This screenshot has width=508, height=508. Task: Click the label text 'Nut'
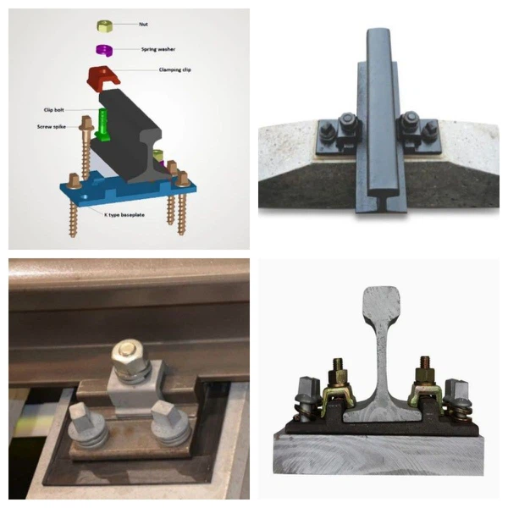click(143, 25)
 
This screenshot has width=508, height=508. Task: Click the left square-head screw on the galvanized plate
click(83, 417)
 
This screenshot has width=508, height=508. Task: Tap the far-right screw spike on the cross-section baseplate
click(456, 398)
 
